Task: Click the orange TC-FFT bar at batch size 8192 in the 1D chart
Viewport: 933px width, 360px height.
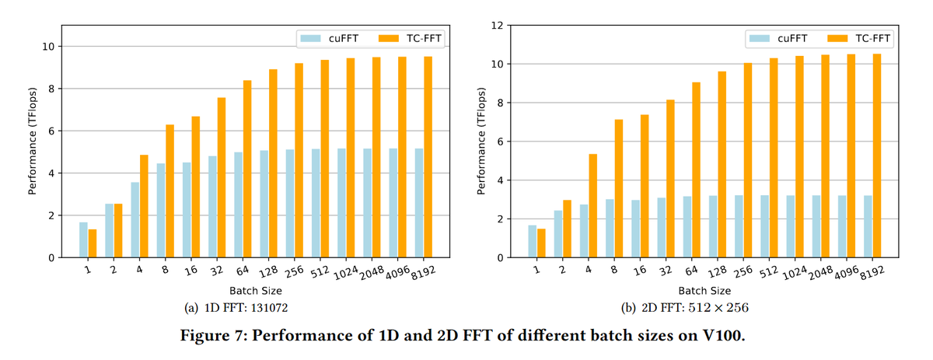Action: (x=428, y=157)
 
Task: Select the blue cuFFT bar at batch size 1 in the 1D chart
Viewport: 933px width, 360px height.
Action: (x=83, y=240)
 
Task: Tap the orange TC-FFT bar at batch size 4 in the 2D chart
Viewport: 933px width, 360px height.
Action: (x=592, y=206)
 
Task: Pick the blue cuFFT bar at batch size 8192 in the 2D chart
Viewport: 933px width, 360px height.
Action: (x=868, y=226)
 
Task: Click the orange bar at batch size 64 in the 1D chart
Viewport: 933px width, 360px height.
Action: (x=246, y=169)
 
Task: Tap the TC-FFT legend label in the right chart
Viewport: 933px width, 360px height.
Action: (x=873, y=37)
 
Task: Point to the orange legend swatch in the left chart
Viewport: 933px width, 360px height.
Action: (x=390, y=37)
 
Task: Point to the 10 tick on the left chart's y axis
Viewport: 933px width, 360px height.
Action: (x=47, y=47)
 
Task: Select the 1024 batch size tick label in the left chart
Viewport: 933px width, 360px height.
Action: (x=346, y=274)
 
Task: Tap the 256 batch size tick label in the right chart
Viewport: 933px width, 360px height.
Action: (x=743, y=273)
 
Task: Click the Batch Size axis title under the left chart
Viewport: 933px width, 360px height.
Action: (x=254, y=292)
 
